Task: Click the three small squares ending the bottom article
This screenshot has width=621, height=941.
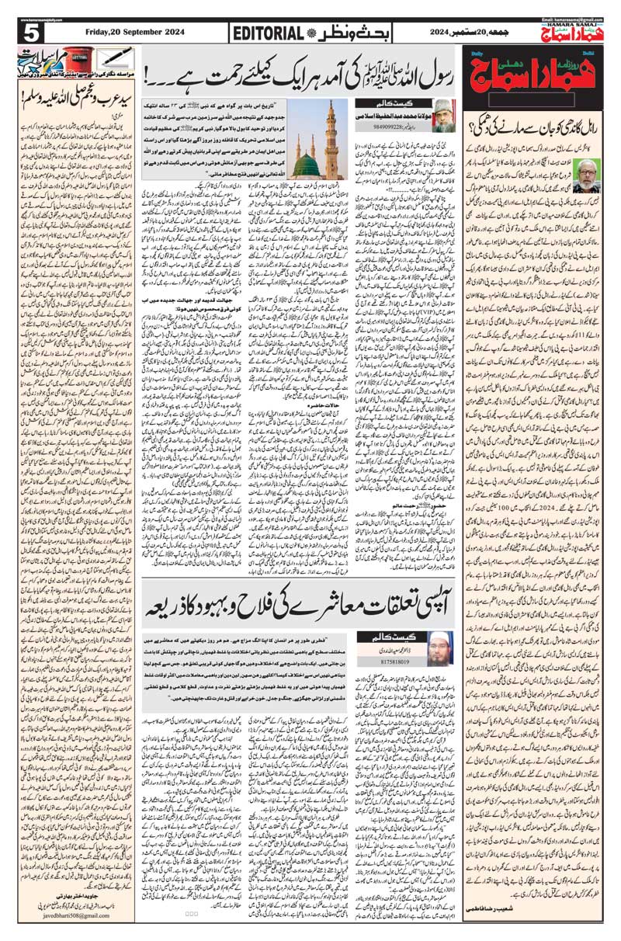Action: point(192,912)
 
